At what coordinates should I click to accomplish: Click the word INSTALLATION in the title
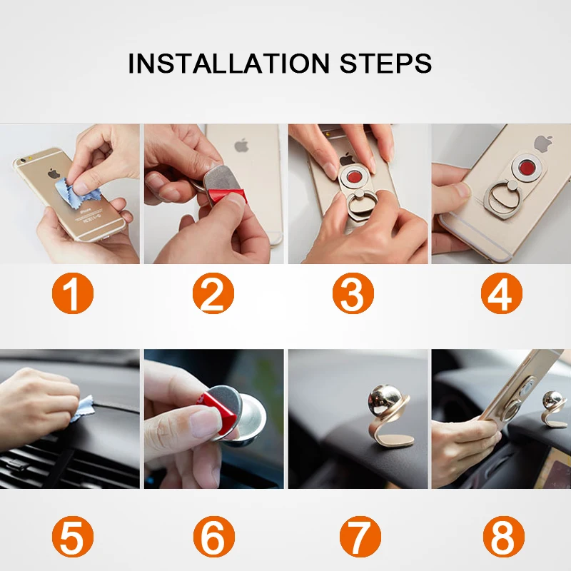pos(228,64)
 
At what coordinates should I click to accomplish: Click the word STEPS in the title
pos(385,64)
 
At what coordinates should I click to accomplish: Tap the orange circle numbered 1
pos(73,293)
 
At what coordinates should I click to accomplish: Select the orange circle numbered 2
pos(213,293)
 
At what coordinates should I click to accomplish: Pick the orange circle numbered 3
pos(353,293)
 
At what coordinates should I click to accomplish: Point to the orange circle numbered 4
pos(502,293)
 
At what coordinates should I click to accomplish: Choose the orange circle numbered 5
pos(73,537)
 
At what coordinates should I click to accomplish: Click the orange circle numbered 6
pos(213,537)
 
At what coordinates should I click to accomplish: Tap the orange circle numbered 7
pos(360,537)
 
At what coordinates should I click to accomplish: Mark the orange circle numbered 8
pos(504,537)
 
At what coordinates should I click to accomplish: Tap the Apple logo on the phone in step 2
pos(241,145)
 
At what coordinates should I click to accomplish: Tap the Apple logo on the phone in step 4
pos(543,144)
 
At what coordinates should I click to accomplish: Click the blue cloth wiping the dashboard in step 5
pos(83,408)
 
